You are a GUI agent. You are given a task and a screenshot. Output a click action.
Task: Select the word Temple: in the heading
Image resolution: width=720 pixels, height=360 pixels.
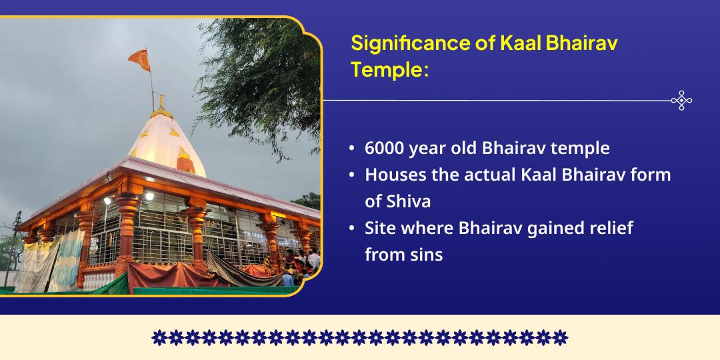390,69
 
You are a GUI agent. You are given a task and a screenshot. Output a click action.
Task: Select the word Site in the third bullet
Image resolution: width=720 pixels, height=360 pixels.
378,228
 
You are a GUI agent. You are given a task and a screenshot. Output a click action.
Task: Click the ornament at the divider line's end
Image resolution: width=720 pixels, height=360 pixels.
681,101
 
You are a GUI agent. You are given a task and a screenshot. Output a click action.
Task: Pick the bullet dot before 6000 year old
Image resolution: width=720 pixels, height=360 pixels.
351,149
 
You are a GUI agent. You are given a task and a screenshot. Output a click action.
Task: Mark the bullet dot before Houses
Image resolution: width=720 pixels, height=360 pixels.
351,175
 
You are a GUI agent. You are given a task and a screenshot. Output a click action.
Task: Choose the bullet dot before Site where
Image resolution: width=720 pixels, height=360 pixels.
351,229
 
